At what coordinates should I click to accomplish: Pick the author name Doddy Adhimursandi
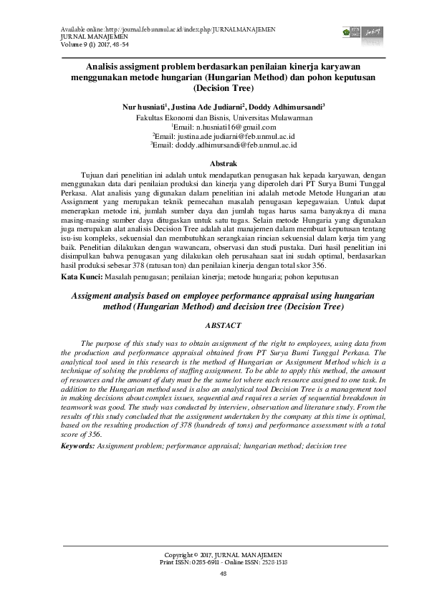click(286, 106)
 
